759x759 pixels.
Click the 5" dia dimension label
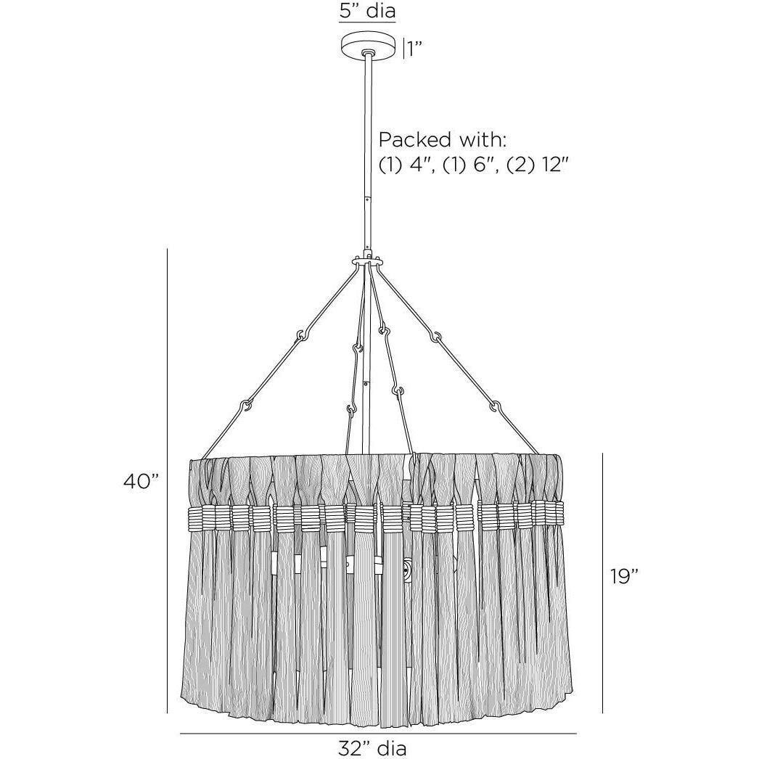click(367, 10)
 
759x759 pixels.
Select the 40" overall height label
click(141, 482)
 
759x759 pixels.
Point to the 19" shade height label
click(624, 576)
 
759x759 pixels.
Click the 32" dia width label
click(372, 748)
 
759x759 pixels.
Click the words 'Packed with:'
click(443, 140)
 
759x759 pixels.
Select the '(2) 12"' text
click(537, 165)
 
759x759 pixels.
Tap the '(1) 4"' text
click(405, 165)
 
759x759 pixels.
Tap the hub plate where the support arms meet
click(369, 260)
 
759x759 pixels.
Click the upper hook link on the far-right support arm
click(437, 335)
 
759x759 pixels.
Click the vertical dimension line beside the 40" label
click(168, 480)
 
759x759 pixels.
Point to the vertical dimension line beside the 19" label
click(602, 583)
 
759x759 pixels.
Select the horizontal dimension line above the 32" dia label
click(378, 734)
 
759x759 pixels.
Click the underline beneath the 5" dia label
click(367, 22)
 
